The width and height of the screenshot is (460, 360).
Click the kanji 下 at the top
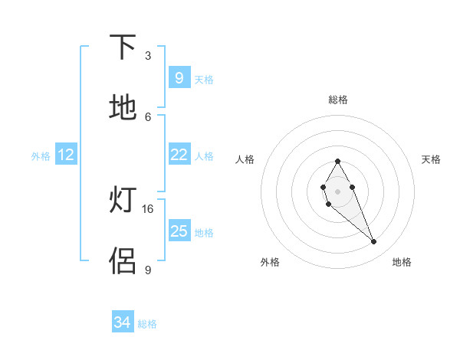(x=123, y=47)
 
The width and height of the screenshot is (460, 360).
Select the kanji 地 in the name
(x=123, y=108)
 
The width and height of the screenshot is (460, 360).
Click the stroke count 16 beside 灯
(x=148, y=208)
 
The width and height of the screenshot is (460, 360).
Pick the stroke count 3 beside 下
(x=148, y=55)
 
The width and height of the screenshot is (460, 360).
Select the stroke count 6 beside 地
(x=148, y=116)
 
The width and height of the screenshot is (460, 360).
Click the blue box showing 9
(x=179, y=77)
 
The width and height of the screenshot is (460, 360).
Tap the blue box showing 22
(x=179, y=155)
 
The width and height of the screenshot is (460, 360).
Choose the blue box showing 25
(x=179, y=231)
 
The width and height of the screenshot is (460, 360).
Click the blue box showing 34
(x=123, y=322)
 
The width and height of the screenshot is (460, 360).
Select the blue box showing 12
(x=67, y=155)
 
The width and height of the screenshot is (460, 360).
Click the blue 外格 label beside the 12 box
(x=41, y=156)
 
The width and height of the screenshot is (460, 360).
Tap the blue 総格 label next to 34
(x=147, y=324)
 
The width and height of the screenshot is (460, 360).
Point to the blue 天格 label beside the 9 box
(x=204, y=79)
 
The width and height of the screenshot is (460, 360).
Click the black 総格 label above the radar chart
(x=338, y=100)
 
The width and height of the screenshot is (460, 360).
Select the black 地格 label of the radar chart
(x=402, y=262)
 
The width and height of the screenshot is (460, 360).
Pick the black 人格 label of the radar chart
(x=245, y=159)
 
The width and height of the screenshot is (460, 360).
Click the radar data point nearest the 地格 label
(x=374, y=242)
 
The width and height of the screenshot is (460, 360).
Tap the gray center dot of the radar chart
(x=337, y=191)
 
